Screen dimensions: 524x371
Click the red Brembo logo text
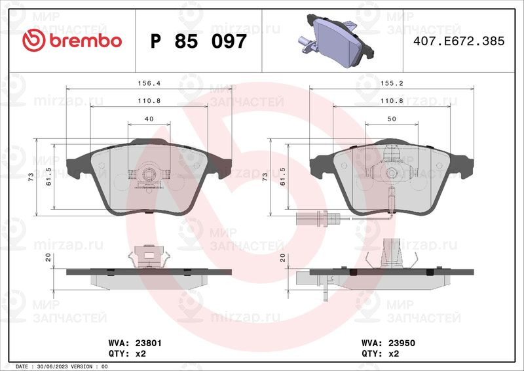pos(86,41)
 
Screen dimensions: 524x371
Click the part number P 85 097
pos(198,41)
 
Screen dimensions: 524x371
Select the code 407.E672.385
pos(459,41)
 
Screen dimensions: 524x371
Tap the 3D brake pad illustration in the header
pos(335,40)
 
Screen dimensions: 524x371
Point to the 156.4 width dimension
pos(149,83)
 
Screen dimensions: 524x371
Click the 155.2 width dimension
pos(392,83)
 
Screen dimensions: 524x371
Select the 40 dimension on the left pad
pos(149,119)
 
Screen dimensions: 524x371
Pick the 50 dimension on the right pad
pos(392,119)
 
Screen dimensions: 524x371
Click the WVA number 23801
pos(148,343)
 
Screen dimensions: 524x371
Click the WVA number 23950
pos(402,343)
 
